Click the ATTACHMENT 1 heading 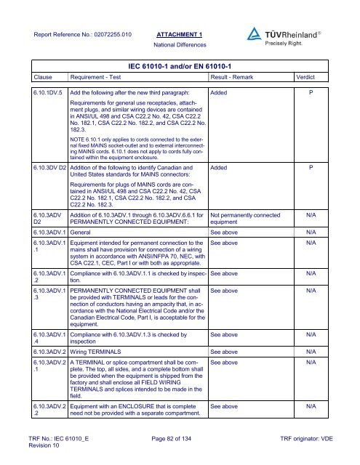[179, 33]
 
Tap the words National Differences [180, 45]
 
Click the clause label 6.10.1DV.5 [47, 113]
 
